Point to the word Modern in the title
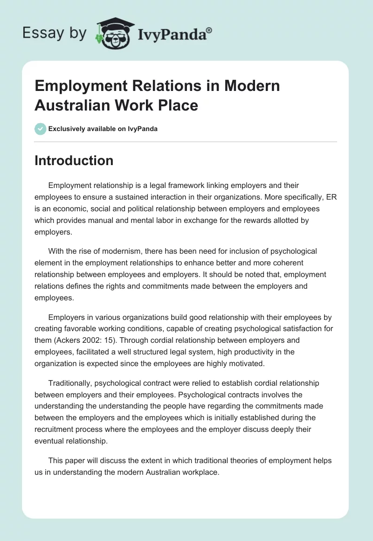coord(252,86)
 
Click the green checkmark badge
coord(41,129)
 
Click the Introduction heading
coord(74,160)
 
